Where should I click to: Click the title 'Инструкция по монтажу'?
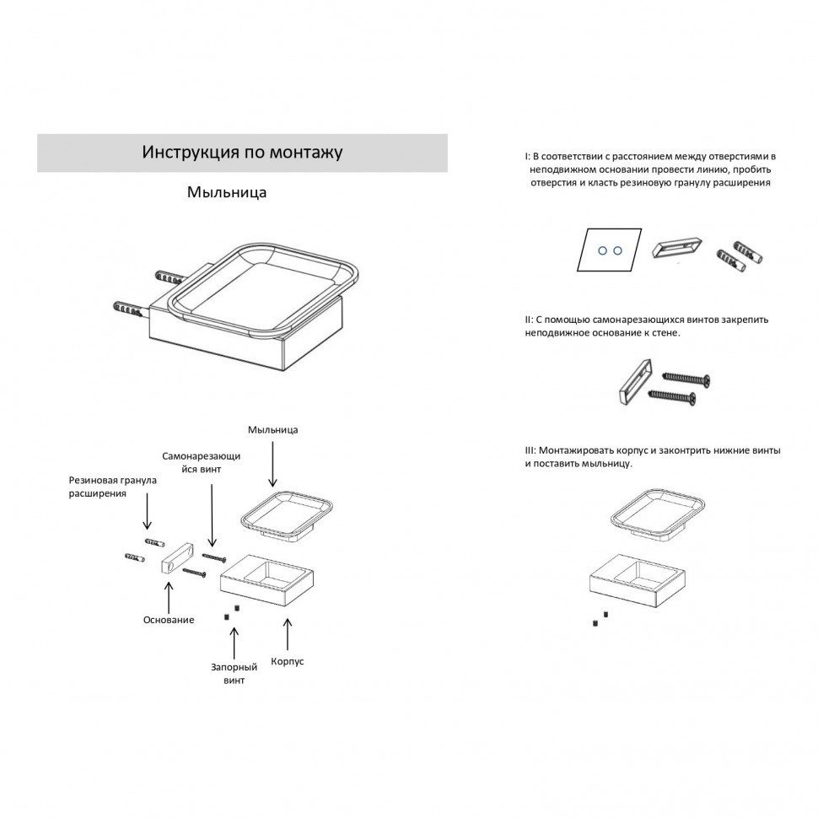tap(242, 153)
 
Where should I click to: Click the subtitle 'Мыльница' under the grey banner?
tap(227, 192)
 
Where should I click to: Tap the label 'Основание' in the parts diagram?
tap(169, 620)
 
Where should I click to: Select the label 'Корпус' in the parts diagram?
tap(287, 661)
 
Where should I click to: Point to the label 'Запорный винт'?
tap(234, 674)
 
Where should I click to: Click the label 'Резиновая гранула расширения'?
tap(113, 487)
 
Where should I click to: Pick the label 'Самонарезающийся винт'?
tap(201, 462)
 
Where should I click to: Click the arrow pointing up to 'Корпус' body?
tap(287, 634)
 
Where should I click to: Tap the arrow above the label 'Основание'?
tap(169, 598)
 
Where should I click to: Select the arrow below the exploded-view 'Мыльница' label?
tap(272, 465)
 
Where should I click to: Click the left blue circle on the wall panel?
tap(603, 251)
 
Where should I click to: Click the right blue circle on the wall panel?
tap(617, 251)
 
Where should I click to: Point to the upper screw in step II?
tap(686, 379)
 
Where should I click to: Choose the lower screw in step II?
tap(672, 396)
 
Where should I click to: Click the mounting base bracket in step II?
tap(635, 382)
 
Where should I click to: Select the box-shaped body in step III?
tap(637, 581)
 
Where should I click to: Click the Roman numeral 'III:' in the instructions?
tap(530, 450)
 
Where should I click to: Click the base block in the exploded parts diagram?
tap(176, 557)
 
